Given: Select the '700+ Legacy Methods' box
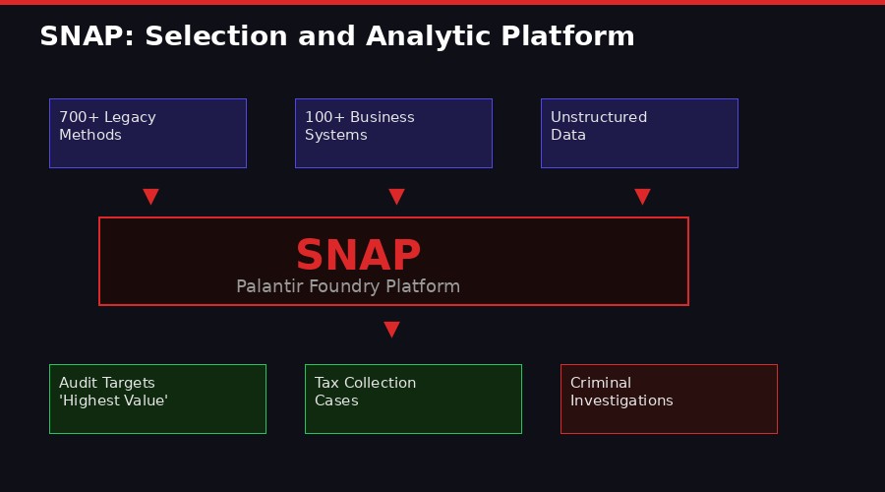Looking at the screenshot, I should click(147, 133).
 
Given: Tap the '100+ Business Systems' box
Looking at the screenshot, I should click(393, 133).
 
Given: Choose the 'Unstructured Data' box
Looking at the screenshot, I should click(639, 133).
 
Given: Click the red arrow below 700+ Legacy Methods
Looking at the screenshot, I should click(150, 197).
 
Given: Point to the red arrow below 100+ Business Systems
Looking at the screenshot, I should click(396, 197).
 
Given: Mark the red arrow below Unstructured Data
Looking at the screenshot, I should click(642, 197).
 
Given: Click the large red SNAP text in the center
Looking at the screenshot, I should click(358, 256).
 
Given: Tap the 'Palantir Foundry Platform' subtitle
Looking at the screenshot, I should click(348, 286).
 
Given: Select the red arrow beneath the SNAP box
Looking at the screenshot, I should click(391, 330).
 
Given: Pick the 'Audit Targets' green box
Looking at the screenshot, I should click(157, 399).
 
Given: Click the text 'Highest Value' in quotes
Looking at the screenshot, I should click(113, 401).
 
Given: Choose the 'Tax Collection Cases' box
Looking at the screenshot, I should click(413, 399).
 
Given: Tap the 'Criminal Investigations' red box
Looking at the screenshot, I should click(669, 399).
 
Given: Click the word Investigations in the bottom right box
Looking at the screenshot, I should click(621, 401).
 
